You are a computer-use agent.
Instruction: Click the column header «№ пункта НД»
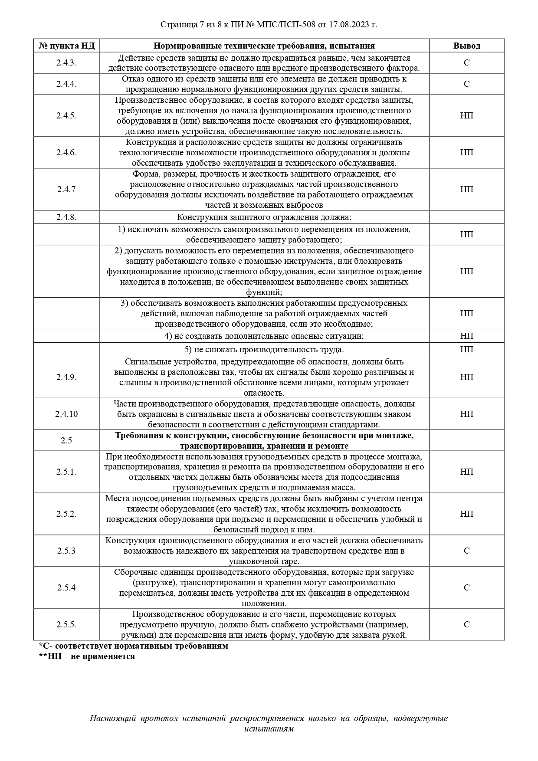pyautogui.click(x=66, y=46)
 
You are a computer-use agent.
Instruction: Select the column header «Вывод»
pyautogui.click(x=466, y=46)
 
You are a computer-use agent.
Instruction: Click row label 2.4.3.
pyautogui.click(x=66, y=63)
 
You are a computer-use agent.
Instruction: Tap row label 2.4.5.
pyautogui.click(x=66, y=116)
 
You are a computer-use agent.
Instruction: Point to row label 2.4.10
pyautogui.click(x=66, y=414)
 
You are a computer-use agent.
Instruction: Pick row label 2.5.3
pyautogui.click(x=66, y=551)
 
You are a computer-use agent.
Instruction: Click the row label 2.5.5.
pyautogui.click(x=66, y=624)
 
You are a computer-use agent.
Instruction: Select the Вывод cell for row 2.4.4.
pyautogui.click(x=466, y=84)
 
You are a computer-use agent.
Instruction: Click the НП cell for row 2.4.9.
pyautogui.click(x=466, y=377)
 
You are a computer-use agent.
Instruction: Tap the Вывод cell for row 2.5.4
pyautogui.click(x=466, y=587)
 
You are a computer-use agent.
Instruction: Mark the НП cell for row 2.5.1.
pyautogui.click(x=466, y=472)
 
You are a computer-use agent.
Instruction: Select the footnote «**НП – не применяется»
pyautogui.click(x=87, y=656)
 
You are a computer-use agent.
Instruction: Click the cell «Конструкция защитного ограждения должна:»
pyautogui.click(x=264, y=217)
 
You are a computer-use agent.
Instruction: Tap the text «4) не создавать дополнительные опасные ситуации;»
pyautogui.click(x=264, y=336)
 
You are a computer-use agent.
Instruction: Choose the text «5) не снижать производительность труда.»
pyautogui.click(x=264, y=349)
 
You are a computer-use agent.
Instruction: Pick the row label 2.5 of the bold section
pyautogui.click(x=66, y=440)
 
